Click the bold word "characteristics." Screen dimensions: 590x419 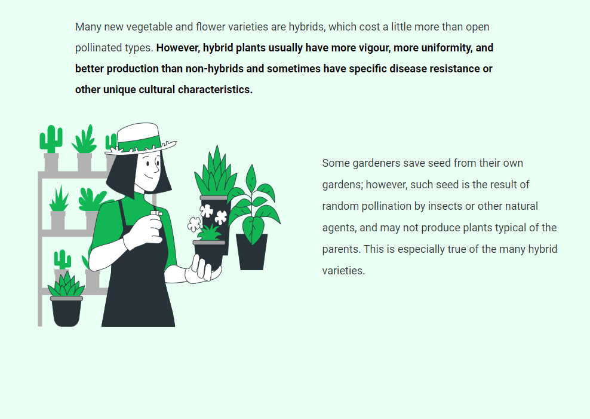(215, 90)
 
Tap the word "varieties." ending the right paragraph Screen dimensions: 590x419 (343, 271)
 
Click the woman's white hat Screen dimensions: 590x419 (140, 139)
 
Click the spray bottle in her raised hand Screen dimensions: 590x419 (156, 222)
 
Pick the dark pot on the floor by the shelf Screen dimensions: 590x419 (66, 311)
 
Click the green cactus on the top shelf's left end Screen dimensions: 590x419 (51, 139)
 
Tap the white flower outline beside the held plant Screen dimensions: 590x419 (194, 224)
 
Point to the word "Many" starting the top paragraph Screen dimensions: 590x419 (88, 27)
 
